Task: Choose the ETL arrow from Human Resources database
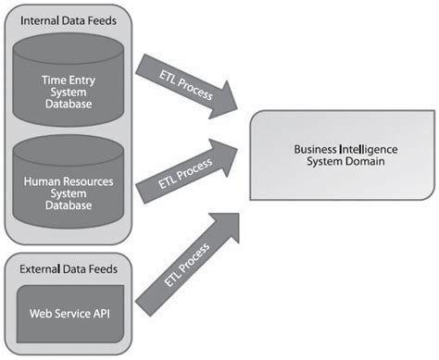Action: pyautogui.click(x=185, y=170)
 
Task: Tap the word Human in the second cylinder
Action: pyautogui.click(x=41, y=181)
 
